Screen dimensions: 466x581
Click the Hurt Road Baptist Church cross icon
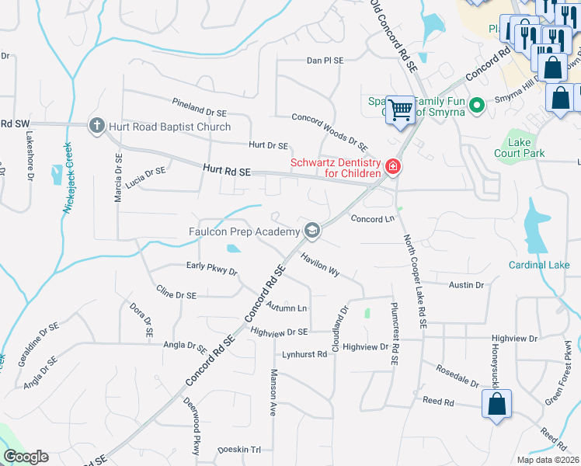point(96,126)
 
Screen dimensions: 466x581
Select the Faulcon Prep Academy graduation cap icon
point(311,231)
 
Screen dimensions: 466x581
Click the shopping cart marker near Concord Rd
point(401,110)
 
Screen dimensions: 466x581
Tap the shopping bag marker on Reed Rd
point(496,405)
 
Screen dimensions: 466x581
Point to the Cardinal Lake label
point(538,265)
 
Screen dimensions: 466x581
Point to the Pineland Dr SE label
point(199,107)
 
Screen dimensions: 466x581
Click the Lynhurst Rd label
point(304,353)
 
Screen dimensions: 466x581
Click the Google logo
point(26,457)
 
